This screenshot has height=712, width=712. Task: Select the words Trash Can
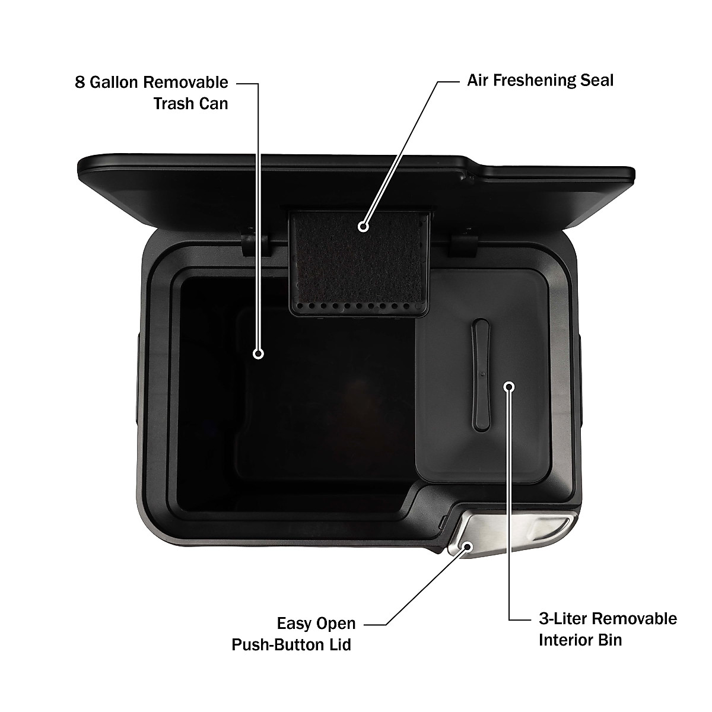click(190, 103)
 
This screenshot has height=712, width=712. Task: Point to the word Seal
click(594, 80)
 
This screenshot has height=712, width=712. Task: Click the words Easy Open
click(316, 624)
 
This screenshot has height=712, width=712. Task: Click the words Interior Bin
click(580, 640)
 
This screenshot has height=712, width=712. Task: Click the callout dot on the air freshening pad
click(363, 226)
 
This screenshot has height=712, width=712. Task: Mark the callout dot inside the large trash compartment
click(258, 354)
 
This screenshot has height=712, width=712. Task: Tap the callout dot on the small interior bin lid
click(509, 387)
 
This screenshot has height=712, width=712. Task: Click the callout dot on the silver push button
click(468, 546)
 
